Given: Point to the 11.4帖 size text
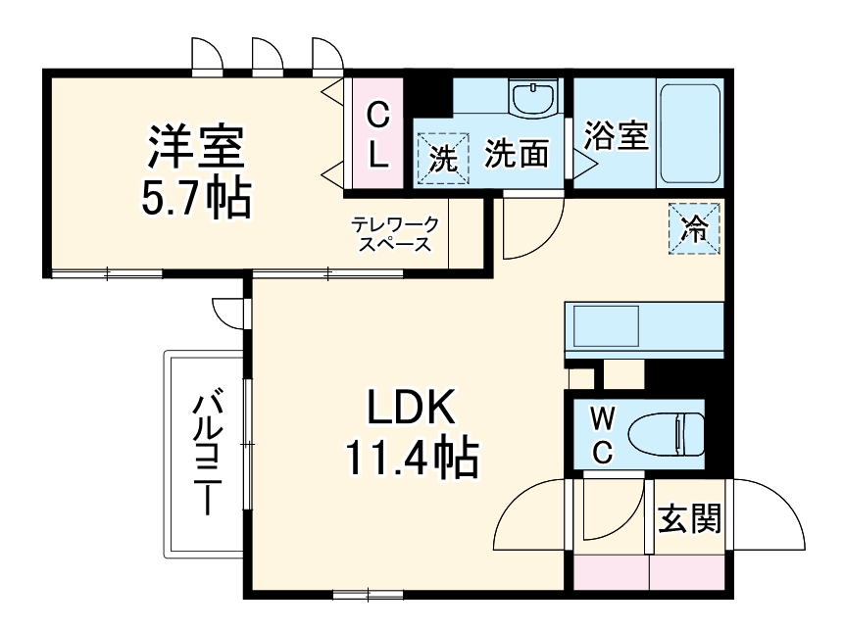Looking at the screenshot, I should click(411, 458).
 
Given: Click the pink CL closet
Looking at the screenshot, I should click(377, 134).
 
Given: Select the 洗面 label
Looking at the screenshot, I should click(517, 154).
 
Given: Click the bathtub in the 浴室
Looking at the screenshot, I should click(692, 134).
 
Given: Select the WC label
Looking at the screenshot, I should click(604, 435).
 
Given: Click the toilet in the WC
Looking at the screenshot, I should click(667, 434).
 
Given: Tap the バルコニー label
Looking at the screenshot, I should click(205, 454).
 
